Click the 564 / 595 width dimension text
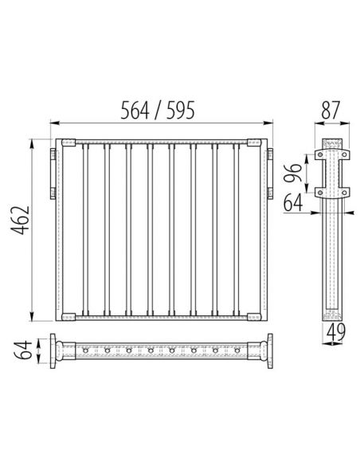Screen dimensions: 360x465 click(158, 111)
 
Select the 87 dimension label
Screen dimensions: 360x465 click(331, 111)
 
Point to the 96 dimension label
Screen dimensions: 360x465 click(292, 173)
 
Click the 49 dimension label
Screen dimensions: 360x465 click(336, 332)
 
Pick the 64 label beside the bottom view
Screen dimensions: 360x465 click(23, 350)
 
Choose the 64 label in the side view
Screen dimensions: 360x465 click(293, 203)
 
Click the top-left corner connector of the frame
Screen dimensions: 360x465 click(68, 143)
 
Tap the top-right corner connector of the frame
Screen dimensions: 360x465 click(254, 143)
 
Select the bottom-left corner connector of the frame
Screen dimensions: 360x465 click(68, 317)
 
